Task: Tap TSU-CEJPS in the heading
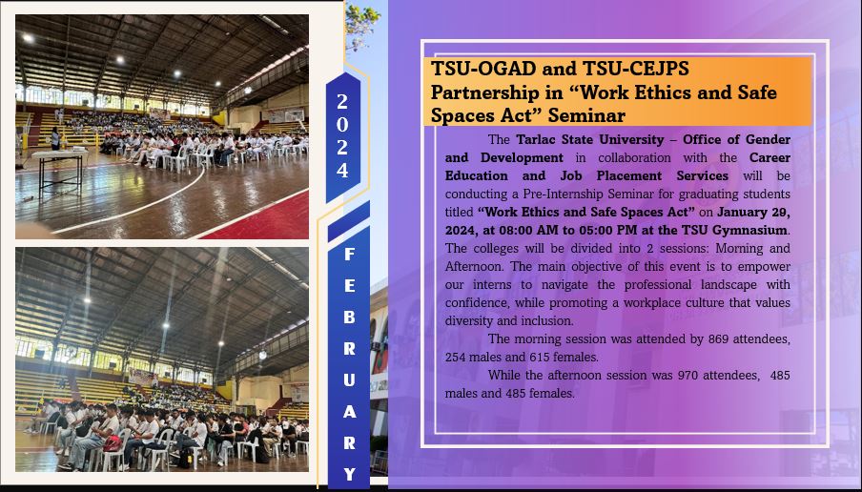coord(635,69)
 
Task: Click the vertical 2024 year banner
coord(342,136)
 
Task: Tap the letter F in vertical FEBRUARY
coord(349,254)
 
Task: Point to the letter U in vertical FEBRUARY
coord(349,379)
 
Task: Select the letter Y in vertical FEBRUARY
coord(349,474)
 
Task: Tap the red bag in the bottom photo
coord(113,443)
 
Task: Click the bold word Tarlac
coord(537,139)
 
